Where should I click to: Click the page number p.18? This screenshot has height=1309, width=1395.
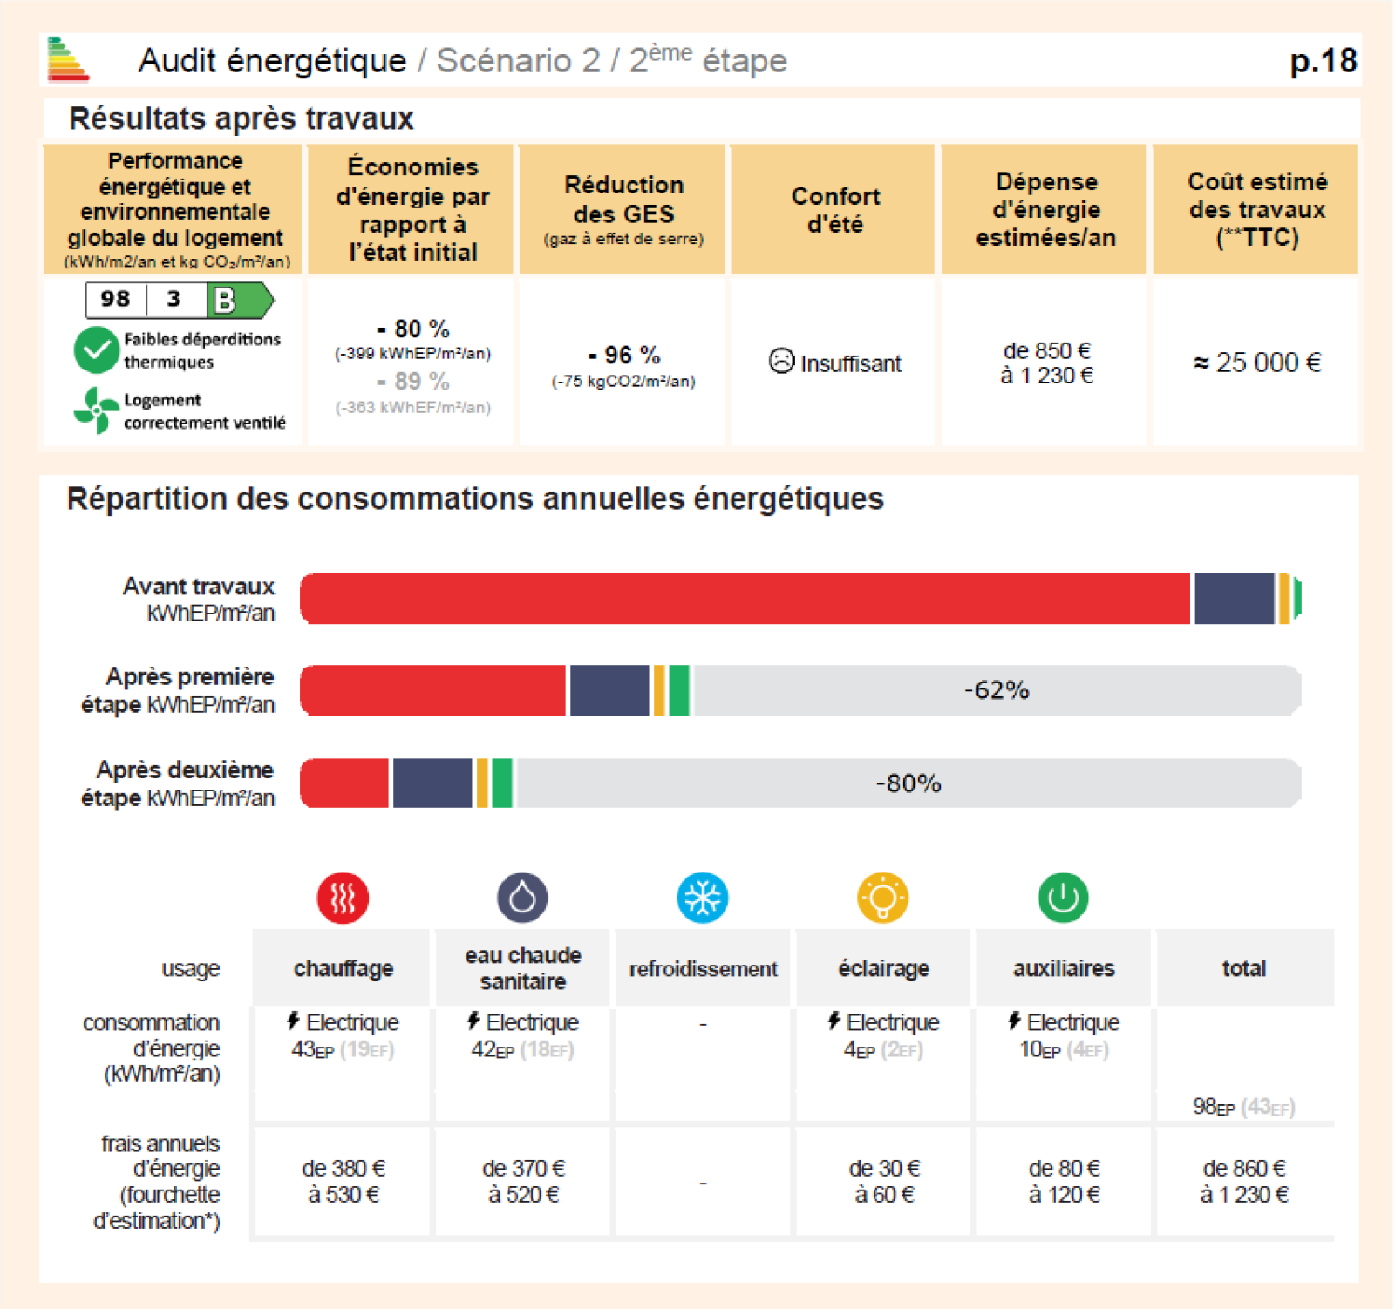pos(1323,61)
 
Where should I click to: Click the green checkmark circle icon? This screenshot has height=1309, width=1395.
pos(96,350)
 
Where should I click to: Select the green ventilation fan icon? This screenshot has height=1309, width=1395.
pos(96,410)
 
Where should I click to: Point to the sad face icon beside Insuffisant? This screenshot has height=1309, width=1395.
pos(781,361)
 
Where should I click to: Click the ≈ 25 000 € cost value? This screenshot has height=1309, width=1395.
pos(1256,363)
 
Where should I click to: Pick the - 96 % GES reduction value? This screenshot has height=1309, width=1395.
pos(623,355)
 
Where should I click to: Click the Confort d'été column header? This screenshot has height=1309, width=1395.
pos(834,210)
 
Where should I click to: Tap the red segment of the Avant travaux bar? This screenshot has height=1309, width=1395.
pos(745,599)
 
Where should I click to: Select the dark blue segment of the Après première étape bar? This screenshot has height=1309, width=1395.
pos(609,690)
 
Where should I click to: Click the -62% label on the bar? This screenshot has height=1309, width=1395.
pos(996,690)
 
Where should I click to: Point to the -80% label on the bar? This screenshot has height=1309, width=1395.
pos(908,783)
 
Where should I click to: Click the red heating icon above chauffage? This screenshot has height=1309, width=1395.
pos(343,898)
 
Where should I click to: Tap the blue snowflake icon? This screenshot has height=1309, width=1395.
pos(703,898)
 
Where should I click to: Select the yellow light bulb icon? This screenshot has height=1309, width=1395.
pos(882,898)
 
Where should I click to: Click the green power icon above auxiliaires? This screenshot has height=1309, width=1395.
pos(1063,898)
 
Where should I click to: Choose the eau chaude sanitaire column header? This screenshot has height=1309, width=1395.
pos(523,968)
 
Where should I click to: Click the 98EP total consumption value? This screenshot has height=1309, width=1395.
pos(1214,1107)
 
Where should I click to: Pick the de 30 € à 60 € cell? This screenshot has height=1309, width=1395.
pos(883,1181)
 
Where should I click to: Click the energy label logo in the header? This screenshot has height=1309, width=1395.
pos(67,59)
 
